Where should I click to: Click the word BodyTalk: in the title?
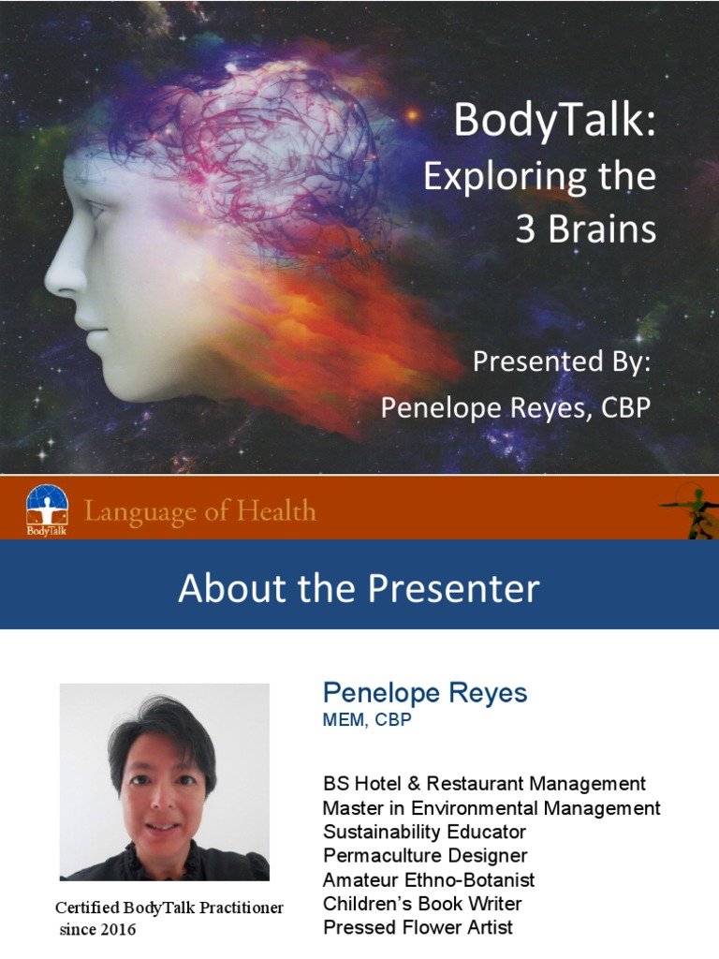tap(553, 122)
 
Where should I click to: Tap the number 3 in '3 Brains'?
tap(527, 230)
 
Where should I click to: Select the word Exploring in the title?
tap(492, 178)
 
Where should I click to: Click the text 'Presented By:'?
tap(560, 361)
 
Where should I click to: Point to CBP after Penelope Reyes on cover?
tap(618, 407)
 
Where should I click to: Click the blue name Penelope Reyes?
tap(425, 693)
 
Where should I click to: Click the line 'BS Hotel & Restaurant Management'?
tap(484, 784)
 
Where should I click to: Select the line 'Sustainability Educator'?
tap(424, 832)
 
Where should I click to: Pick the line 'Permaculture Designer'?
tap(425, 855)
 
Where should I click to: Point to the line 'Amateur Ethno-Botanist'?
tap(429, 879)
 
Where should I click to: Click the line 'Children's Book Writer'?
tap(422, 904)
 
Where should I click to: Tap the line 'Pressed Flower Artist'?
tap(418, 928)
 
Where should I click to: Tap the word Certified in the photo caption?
tap(90, 907)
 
